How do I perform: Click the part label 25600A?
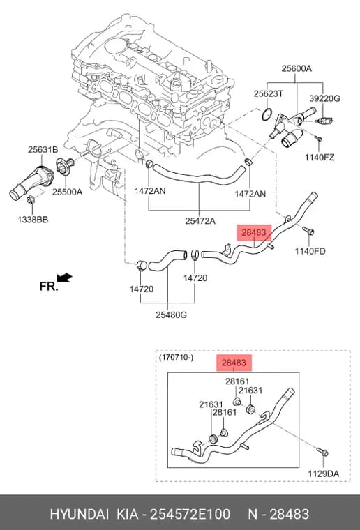(297, 68)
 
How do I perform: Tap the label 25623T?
(269, 93)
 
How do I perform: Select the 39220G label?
(324, 98)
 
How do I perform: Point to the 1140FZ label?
(320, 157)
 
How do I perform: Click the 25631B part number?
(43, 149)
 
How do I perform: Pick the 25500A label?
(67, 192)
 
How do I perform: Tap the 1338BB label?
(33, 220)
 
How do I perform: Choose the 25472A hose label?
(200, 221)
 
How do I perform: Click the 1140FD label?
(310, 251)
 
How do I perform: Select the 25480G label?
(171, 315)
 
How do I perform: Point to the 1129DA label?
(323, 474)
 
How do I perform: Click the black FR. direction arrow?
(65, 278)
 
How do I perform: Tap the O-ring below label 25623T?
(267, 115)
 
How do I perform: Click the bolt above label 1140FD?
(308, 231)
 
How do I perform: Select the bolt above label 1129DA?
(322, 452)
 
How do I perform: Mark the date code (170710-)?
(176, 357)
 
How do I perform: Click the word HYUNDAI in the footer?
(80, 514)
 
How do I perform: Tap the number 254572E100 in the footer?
(190, 514)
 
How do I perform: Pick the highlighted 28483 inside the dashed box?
(234, 363)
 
